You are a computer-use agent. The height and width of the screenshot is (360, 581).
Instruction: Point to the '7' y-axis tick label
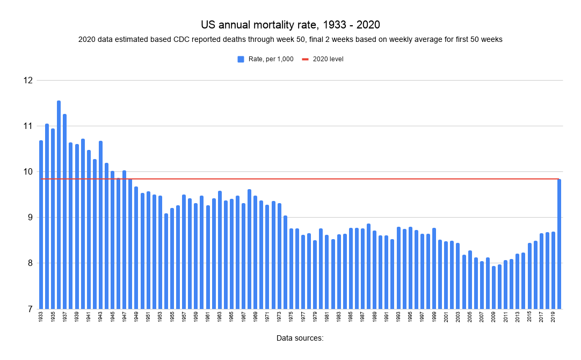pos(29,309)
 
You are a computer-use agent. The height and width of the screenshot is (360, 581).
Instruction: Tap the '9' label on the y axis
pos(29,218)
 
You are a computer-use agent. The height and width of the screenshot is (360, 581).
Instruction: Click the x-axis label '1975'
pos(291,317)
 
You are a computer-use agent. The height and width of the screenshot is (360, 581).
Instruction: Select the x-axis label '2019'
pos(553,317)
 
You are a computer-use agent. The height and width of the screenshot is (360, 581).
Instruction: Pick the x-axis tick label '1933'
pos(41,317)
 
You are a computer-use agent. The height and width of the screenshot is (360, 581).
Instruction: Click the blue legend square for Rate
pos(241,59)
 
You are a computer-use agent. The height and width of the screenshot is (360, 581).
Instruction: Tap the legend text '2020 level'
pos(328,59)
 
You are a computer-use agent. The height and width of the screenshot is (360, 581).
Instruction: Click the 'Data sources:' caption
pos(300,338)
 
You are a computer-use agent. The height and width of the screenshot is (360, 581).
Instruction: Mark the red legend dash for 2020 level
pos(306,59)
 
